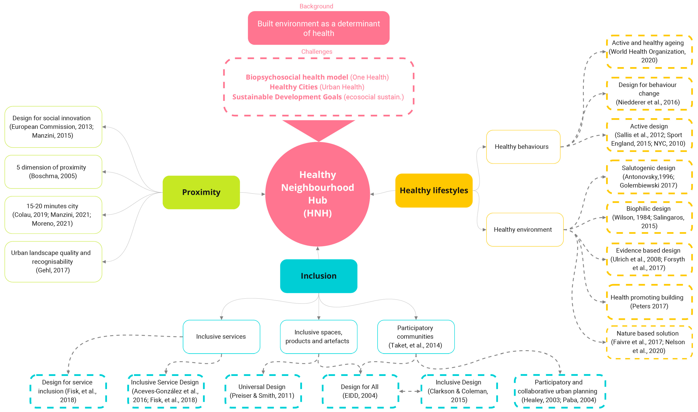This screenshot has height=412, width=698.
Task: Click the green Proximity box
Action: [201, 192]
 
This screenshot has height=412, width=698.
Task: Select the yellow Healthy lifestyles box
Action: [434, 190]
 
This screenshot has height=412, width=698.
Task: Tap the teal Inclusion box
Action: [318, 276]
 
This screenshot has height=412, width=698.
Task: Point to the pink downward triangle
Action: [318, 129]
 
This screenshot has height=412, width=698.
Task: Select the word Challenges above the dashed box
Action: [317, 52]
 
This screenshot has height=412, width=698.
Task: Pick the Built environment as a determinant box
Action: [318, 28]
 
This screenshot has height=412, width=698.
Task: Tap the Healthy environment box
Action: [524, 230]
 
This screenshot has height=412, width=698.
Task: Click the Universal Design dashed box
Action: [262, 391]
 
